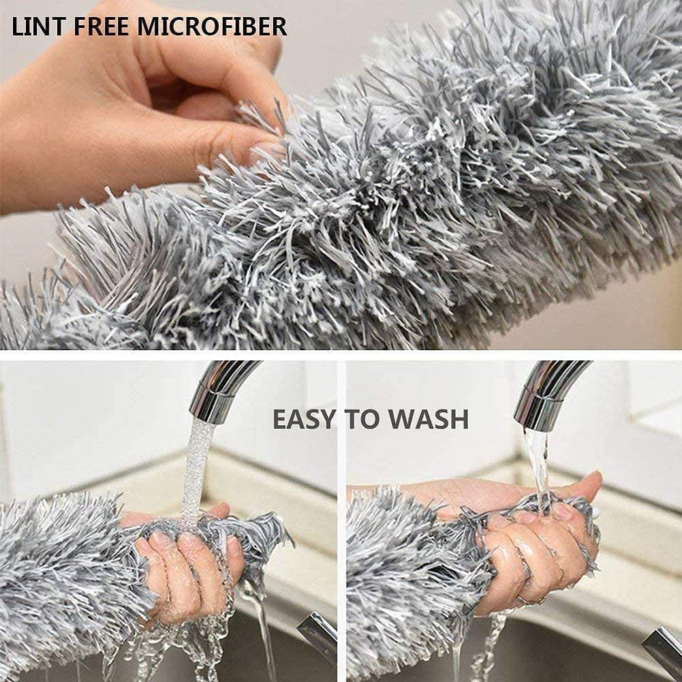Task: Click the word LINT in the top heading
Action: tap(40, 27)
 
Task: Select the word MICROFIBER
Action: tap(212, 27)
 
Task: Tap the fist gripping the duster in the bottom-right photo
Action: tap(531, 552)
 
